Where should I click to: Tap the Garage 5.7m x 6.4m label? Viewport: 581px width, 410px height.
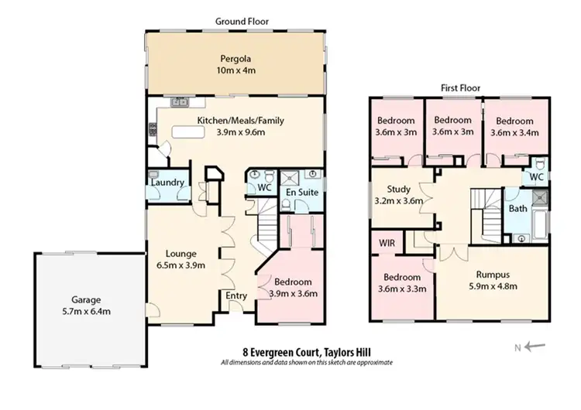click(x=86, y=306)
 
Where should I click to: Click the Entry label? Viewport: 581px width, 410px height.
click(x=235, y=296)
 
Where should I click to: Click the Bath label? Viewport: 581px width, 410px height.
click(x=517, y=209)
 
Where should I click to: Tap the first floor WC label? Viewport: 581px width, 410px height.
click(x=535, y=177)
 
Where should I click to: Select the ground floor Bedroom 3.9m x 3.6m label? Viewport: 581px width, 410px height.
click(x=292, y=288)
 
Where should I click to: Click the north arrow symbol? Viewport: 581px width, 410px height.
click(x=535, y=347)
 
